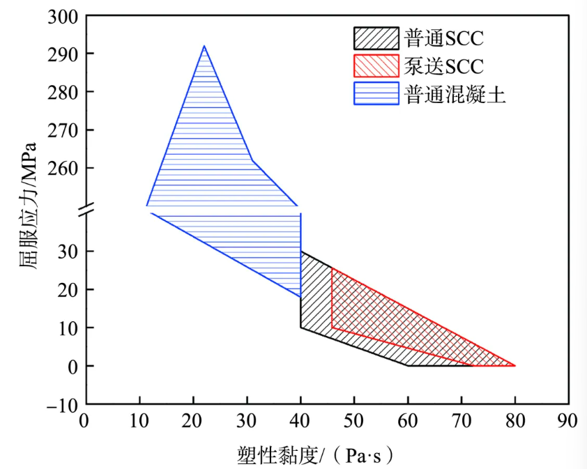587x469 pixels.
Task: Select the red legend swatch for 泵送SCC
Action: [376, 66]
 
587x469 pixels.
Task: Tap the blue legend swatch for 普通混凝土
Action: [376, 93]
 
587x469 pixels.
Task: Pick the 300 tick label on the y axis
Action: [61, 16]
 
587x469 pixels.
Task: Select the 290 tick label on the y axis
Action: [61, 54]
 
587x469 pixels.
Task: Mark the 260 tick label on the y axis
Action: [61, 169]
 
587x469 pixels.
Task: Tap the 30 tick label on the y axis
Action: [67, 251]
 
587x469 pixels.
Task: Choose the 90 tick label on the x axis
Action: [569, 420]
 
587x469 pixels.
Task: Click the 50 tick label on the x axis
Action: [354, 420]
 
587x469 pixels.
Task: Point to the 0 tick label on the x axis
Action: [85, 420]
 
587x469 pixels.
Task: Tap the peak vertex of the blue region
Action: [204, 46]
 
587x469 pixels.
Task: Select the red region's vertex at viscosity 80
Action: [515, 365]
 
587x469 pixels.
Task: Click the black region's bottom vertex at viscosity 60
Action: [408, 365]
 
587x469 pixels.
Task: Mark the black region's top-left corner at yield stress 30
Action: [301, 252]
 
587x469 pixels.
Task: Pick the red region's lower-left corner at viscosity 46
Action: [333, 328]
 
